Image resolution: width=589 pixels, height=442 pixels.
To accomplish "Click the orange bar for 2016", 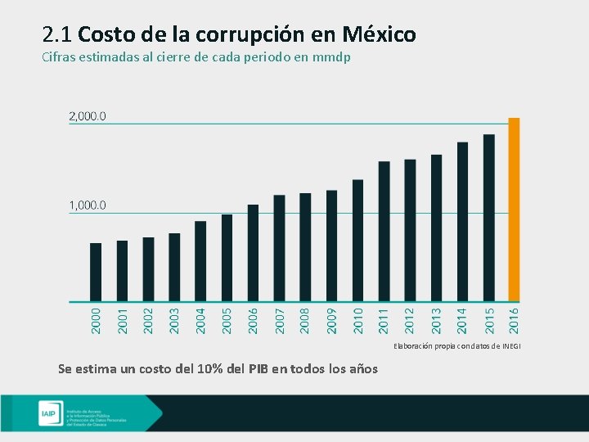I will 514,210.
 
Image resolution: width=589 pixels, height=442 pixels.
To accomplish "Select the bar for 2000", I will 96,272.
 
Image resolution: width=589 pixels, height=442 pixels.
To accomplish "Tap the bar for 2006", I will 253,253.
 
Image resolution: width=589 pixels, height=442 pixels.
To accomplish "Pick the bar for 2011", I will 384,231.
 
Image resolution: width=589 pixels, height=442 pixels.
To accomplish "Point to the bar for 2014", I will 462,222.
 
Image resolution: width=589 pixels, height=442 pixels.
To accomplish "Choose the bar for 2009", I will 331,246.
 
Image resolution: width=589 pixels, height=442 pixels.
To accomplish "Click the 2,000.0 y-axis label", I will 87,116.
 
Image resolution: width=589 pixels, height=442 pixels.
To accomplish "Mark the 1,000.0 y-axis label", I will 87,205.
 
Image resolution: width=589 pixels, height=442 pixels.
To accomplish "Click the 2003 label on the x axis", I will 174,319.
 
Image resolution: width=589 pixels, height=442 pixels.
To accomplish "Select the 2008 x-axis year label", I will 305,319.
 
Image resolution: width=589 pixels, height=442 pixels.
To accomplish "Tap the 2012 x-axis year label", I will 410,319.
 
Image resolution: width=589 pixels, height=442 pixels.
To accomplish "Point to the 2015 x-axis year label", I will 488,319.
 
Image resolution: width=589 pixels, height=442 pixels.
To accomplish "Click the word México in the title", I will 380,34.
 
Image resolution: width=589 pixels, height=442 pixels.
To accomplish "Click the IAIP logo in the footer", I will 47,414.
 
